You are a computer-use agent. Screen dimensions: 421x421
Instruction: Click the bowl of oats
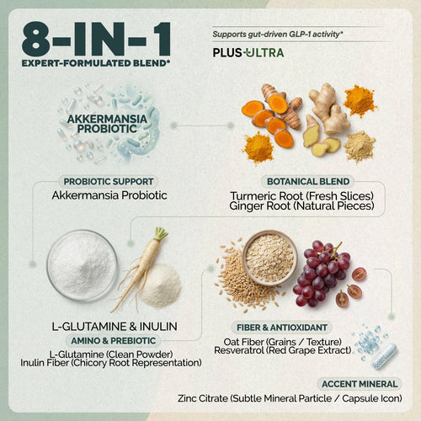pos(269,256)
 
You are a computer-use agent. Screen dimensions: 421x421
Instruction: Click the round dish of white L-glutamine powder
pos(82,265)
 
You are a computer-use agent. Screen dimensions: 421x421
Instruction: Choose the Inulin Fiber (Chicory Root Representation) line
pos(112,363)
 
